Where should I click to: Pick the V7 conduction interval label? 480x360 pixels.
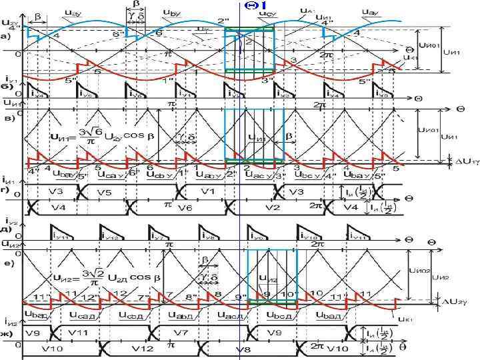pyautogui.click(x=200, y=331)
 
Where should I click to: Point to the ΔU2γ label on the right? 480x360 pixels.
pyautogui.click(x=455, y=301)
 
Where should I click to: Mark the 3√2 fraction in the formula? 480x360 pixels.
pyautogui.click(x=93, y=275)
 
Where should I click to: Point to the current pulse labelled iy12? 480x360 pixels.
pyautogui.click(x=110, y=235)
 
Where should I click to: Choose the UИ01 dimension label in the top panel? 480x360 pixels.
pyautogui.click(x=427, y=47)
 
